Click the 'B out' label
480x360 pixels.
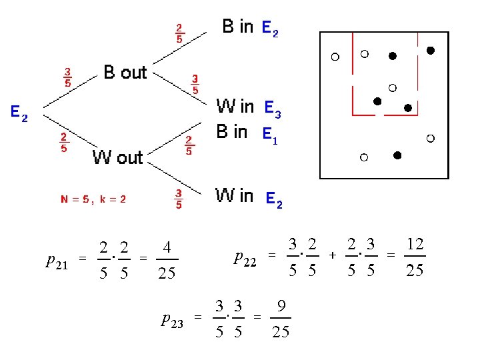125,72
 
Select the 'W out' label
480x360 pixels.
117,157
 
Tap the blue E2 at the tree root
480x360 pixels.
19,114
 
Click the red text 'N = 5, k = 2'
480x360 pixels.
94,199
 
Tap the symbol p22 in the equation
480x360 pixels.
245,256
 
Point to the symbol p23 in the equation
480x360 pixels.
172,319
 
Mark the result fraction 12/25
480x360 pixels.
415,256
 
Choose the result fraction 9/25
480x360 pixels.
281,318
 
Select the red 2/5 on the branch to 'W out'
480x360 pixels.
64,143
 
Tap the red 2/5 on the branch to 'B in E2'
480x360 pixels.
179,33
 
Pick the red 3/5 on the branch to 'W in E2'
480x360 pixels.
179,199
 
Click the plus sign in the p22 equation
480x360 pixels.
332,255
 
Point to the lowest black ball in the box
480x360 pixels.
397,156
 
